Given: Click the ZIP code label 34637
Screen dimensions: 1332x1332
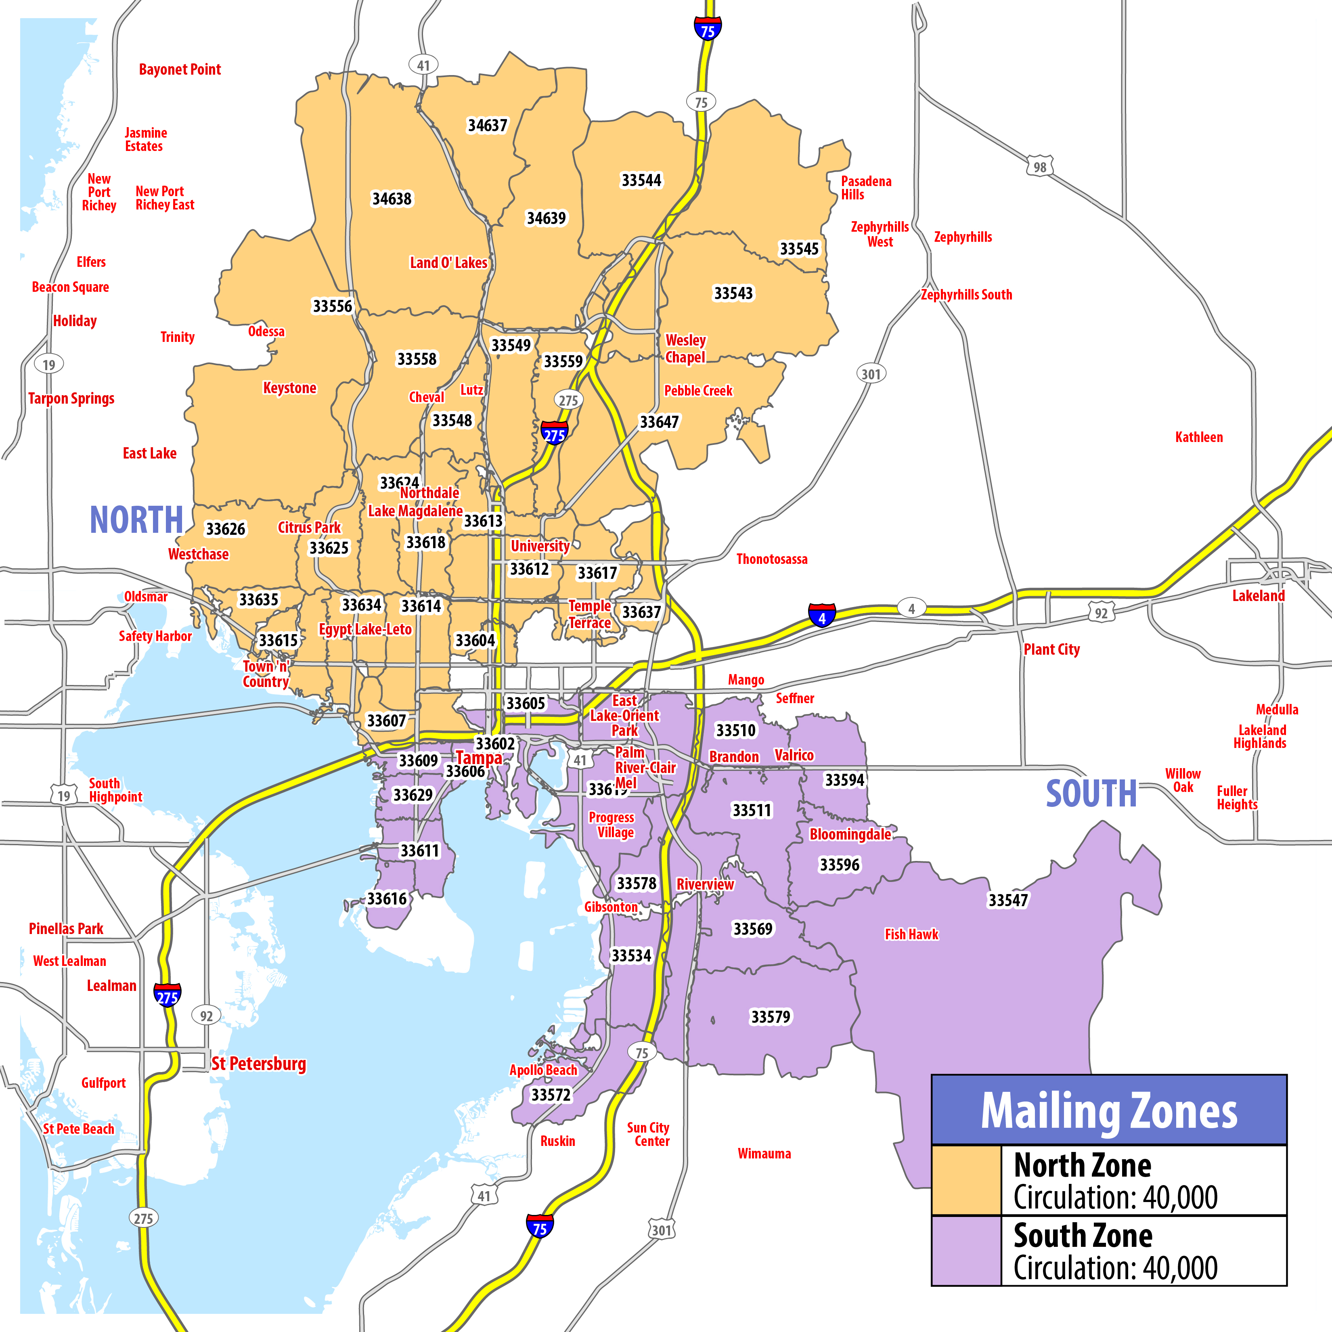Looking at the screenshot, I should click(488, 126).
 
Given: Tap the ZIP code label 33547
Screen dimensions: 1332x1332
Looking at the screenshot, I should click(1008, 901).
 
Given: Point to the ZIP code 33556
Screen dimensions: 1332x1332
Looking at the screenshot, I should click(332, 306).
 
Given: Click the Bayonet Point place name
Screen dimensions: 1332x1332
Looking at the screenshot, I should click(180, 70).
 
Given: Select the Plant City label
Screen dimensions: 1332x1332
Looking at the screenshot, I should click(1051, 649).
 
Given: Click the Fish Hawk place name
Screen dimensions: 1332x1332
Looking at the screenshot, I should click(911, 934).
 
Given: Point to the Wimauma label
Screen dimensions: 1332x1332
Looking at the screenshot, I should click(764, 1154).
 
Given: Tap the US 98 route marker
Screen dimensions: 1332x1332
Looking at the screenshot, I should click(1040, 167).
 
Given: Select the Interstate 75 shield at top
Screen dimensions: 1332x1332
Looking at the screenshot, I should click(707, 28).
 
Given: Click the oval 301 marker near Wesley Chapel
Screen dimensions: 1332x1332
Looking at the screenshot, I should click(871, 374).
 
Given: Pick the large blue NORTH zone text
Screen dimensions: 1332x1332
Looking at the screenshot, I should click(136, 520).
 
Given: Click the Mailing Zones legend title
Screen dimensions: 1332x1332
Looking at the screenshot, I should click(1109, 1111).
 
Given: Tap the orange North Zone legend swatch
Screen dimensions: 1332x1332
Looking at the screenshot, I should click(966, 1180).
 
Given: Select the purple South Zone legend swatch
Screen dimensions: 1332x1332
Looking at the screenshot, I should click(966, 1250).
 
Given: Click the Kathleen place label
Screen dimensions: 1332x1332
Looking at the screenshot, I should click(1199, 437).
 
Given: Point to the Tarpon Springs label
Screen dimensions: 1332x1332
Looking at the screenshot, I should click(71, 398).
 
